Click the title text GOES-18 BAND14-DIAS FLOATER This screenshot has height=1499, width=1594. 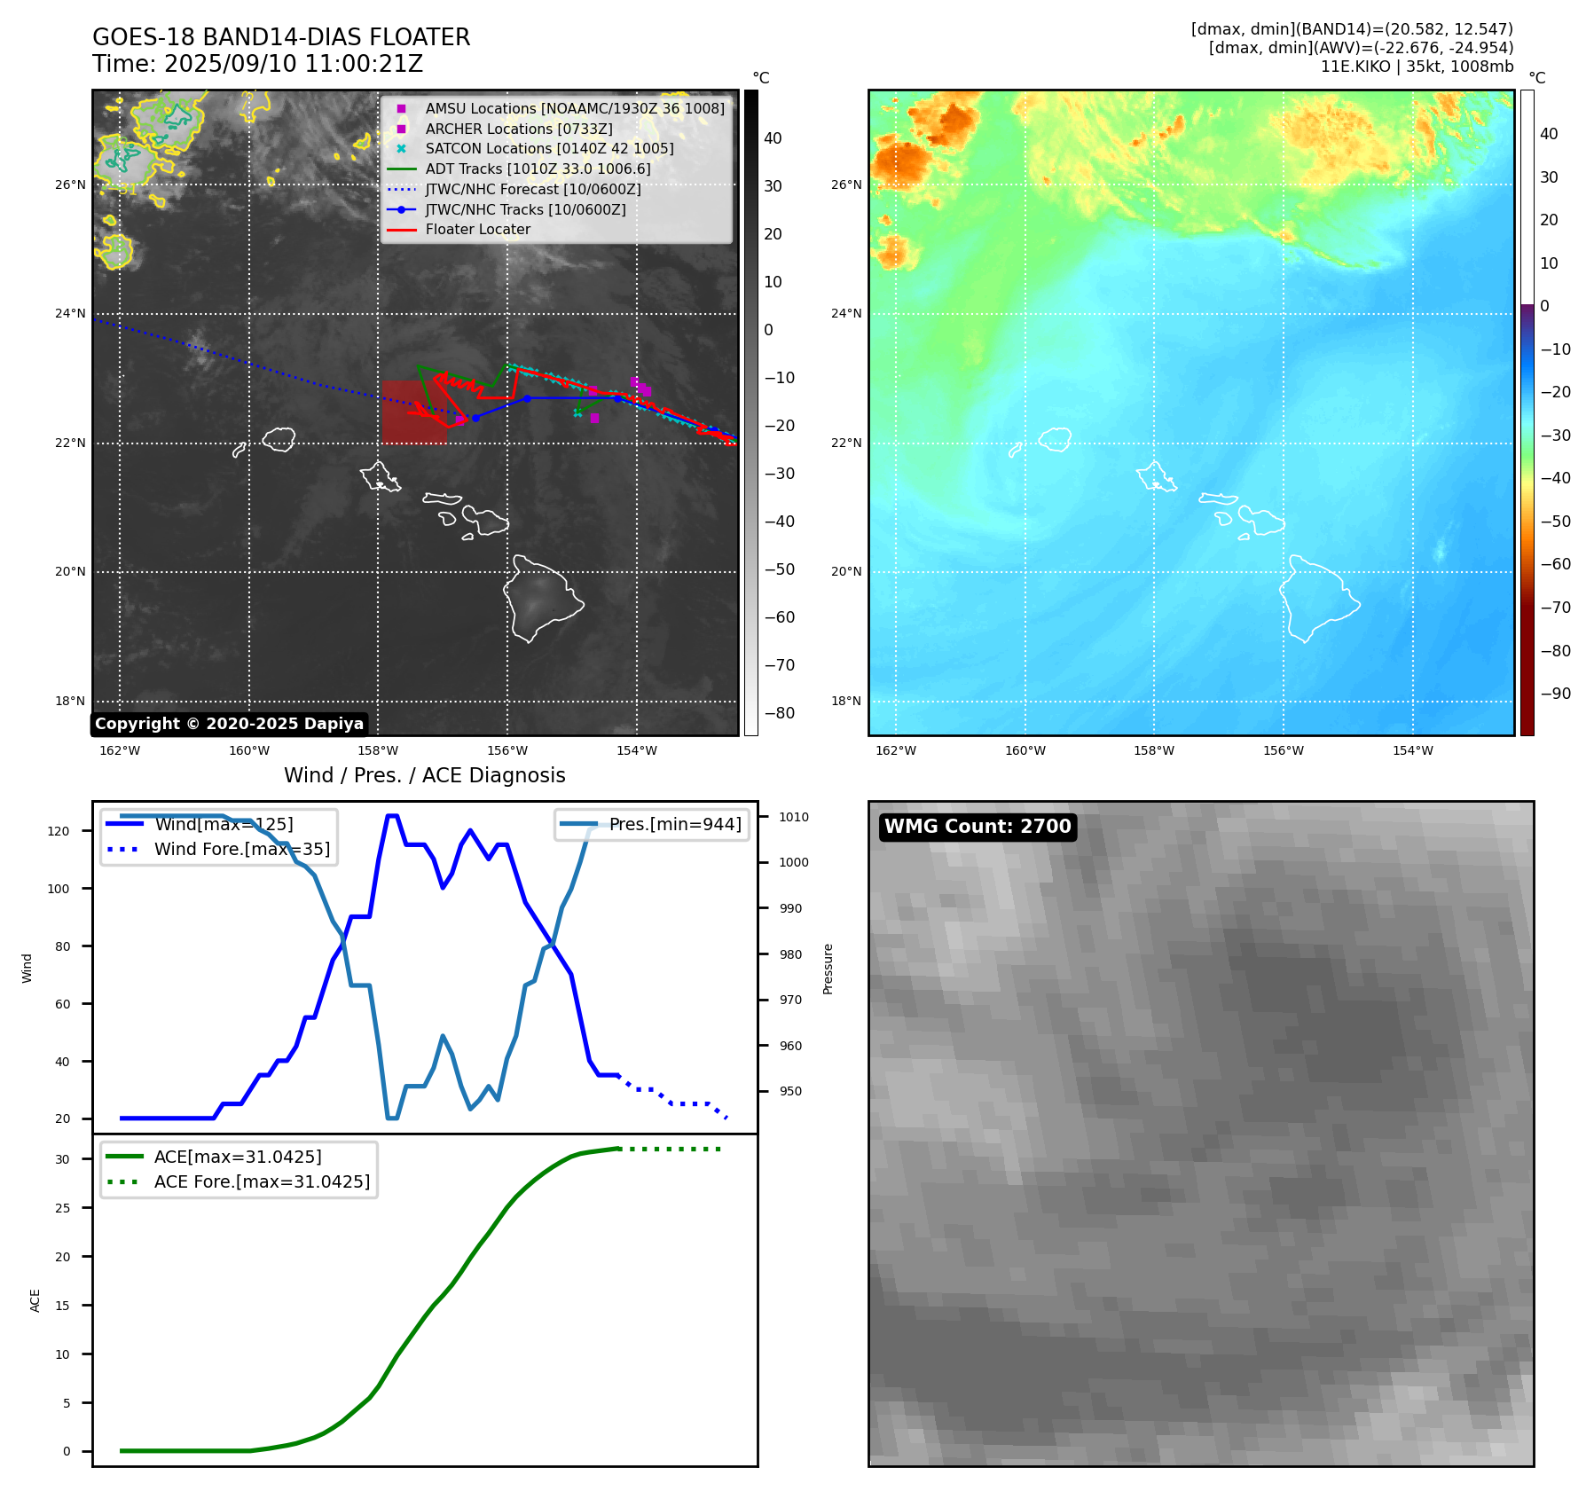pyautogui.click(x=281, y=37)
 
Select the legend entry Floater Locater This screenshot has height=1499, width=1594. pyautogui.click(x=477, y=229)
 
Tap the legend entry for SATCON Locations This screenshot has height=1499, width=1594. pyautogui.click(x=549, y=148)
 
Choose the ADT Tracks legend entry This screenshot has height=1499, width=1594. pyautogui.click(x=538, y=169)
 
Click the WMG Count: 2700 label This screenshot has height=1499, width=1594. pyautogui.click(x=978, y=827)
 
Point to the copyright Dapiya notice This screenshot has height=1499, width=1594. pyautogui.click(x=229, y=724)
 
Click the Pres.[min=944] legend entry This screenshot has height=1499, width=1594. pyautogui.click(x=674, y=824)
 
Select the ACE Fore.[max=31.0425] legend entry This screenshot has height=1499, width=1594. pyautogui.click(x=262, y=1181)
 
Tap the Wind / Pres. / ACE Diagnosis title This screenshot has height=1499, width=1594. pyautogui.click(x=424, y=775)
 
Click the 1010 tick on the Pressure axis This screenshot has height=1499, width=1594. pyautogui.click(x=794, y=817)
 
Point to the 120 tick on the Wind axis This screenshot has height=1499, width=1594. pyautogui.click(x=59, y=831)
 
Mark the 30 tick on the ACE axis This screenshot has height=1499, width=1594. pyautogui.click(x=62, y=1159)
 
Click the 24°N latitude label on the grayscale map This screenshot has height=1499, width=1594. pyautogui.click(x=71, y=313)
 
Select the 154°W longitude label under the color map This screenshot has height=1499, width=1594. pyautogui.click(x=1412, y=750)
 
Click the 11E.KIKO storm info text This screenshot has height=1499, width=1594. pyautogui.click(x=1417, y=67)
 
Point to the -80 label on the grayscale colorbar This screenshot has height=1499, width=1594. pyautogui.click(x=780, y=713)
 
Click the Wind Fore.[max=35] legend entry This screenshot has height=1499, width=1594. pyautogui.click(x=241, y=849)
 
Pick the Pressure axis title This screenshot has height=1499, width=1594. pyautogui.click(x=828, y=969)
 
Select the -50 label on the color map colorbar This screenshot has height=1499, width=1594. pyautogui.click(x=1555, y=521)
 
